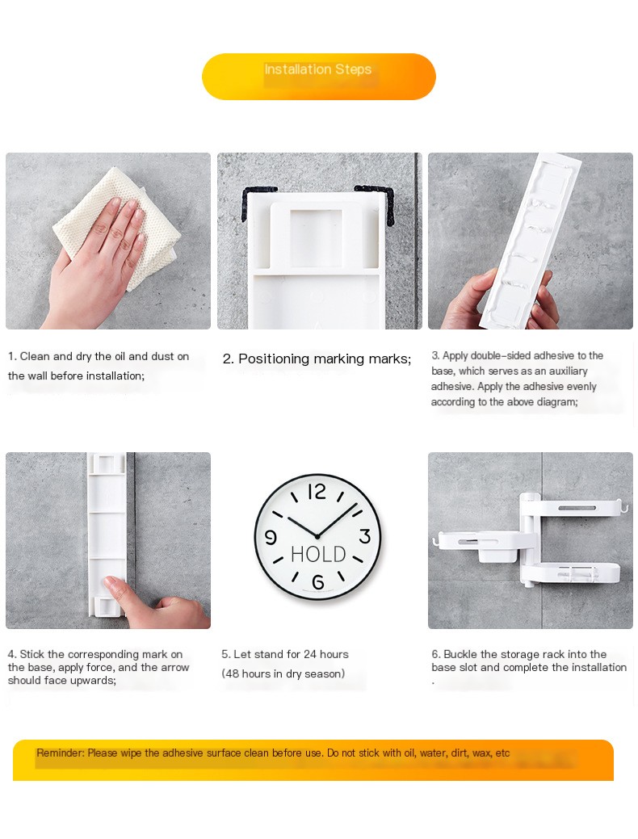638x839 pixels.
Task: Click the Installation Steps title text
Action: tap(318, 69)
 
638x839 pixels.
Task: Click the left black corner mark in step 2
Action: tap(256, 202)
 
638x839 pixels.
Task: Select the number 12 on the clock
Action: tap(317, 491)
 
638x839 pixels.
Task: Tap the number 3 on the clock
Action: tap(364, 536)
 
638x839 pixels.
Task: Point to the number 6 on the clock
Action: tap(318, 581)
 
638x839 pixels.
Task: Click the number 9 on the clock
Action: tap(271, 537)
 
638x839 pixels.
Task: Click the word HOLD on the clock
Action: tap(318, 554)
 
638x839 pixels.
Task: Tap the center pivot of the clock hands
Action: tap(317, 536)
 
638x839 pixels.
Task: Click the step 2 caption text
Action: tap(317, 359)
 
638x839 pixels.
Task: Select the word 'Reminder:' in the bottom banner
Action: tap(61, 753)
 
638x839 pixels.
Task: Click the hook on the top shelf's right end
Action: tap(623, 505)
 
